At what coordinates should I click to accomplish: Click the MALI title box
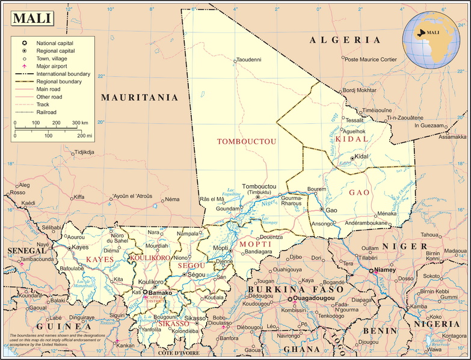point(32,18)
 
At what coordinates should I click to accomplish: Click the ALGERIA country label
point(345,40)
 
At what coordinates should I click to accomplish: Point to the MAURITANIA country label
point(140,97)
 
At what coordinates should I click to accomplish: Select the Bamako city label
point(161,293)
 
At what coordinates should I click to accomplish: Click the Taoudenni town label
point(249,60)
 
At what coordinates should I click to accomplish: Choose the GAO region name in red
point(359,192)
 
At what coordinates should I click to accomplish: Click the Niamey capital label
point(386,270)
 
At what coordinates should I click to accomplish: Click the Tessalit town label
point(352,120)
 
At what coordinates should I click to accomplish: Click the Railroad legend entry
point(46,112)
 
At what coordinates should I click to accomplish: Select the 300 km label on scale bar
point(80,123)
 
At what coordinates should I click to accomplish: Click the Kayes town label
point(81,247)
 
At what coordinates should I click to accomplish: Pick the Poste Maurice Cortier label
point(370,59)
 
